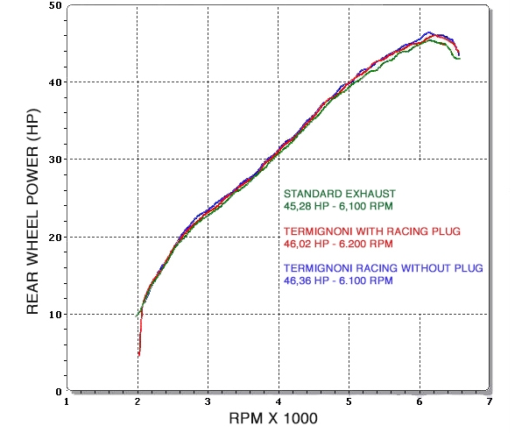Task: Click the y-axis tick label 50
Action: (55, 6)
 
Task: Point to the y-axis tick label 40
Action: (55, 82)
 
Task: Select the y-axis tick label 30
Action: (55, 160)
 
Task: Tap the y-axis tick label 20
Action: (55, 237)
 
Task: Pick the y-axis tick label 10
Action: (55, 314)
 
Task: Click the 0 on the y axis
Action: (58, 391)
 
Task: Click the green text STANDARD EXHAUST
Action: (340, 193)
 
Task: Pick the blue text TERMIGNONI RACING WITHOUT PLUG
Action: (384, 267)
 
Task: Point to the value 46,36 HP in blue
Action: (307, 281)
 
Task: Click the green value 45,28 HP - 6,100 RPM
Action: (338, 206)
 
